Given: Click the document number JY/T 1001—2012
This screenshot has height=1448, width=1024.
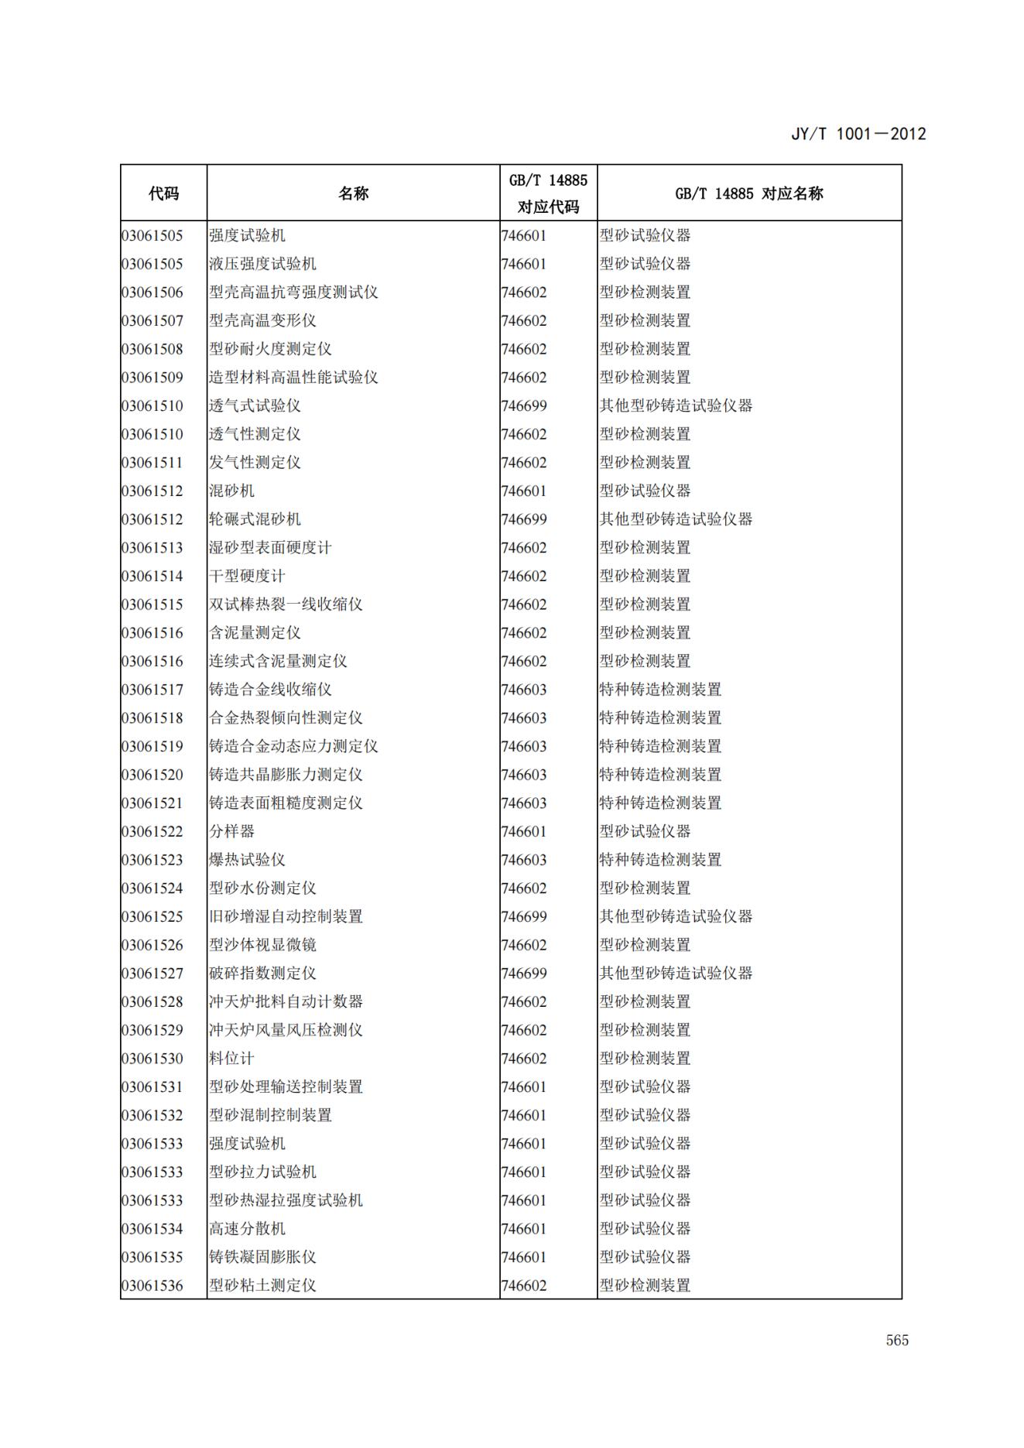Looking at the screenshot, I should tap(858, 134).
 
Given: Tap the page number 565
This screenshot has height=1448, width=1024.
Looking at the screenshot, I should tap(897, 1340).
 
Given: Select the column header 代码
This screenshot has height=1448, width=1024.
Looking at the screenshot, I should tap(163, 193).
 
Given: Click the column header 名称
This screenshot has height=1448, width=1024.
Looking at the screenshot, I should tap(353, 193).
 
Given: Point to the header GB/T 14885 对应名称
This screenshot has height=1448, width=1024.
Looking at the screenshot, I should tap(748, 193).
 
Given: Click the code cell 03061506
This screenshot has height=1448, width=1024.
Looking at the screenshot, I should tap(152, 293).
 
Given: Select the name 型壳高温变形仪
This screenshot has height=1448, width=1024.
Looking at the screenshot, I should tap(262, 320).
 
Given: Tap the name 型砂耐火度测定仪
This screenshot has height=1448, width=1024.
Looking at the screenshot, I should tap(270, 349).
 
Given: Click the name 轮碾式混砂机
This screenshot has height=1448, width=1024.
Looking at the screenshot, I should tap(255, 519).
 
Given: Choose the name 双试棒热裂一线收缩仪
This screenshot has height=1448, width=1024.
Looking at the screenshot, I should tap(286, 604).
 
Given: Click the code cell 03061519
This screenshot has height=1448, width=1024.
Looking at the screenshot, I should tap(152, 746).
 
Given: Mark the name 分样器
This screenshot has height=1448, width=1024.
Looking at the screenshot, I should tap(231, 831).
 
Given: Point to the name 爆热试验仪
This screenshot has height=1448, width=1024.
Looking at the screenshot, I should tap(247, 860).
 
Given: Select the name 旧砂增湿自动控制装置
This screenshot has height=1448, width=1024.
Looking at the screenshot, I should tap(286, 916).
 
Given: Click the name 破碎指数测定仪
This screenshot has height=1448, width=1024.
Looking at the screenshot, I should tap(262, 973).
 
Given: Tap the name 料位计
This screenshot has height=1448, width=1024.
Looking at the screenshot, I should tap(231, 1058).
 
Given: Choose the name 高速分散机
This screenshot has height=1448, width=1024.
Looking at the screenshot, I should tap(247, 1228).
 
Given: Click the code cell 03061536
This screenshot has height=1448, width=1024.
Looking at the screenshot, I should tap(152, 1285).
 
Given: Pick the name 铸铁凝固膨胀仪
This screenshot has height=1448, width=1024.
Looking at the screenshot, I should tap(262, 1257).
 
